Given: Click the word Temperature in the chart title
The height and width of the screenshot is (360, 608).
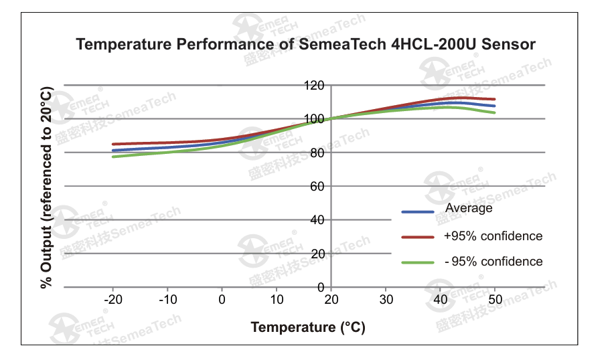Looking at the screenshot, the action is (123, 45).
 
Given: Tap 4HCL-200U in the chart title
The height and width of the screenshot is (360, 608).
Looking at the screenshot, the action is (433, 44).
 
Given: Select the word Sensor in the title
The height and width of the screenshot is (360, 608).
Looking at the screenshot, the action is (508, 44).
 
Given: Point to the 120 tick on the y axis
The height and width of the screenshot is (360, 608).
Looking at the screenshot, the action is (314, 85).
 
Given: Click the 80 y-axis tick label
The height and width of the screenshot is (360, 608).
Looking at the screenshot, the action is (317, 153).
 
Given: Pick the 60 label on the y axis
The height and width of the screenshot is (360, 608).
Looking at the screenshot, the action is (317, 187).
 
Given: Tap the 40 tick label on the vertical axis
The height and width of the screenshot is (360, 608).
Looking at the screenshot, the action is (317, 220).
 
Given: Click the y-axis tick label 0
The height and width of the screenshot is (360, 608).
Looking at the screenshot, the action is (321, 287).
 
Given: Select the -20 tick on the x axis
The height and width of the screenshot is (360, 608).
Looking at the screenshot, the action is (113, 300).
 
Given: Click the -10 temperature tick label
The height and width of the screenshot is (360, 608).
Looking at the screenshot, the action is (168, 300).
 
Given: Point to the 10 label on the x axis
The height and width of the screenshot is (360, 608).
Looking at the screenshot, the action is (277, 300).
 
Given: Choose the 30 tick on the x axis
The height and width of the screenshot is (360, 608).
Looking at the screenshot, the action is (386, 300).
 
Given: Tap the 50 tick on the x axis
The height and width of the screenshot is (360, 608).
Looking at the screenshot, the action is (495, 300).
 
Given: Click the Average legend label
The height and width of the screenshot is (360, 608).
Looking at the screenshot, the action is (469, 208).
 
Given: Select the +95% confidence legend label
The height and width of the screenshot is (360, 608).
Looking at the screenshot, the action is (493, 236).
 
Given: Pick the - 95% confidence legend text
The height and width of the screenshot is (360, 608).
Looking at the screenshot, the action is (493, 262).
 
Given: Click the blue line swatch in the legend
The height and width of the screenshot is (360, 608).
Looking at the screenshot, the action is (418, 212).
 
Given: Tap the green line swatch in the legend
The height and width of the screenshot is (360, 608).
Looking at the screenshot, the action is (418, 263).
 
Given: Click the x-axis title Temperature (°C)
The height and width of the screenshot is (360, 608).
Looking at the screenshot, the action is (308, 327).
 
